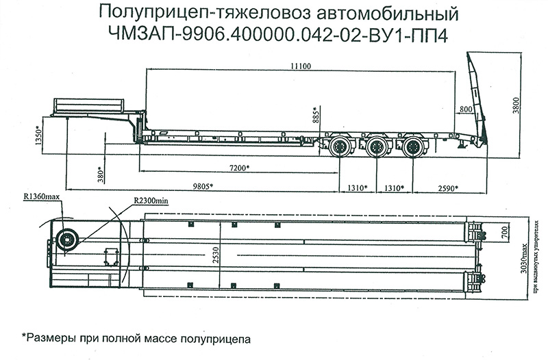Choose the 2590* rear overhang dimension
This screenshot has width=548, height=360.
(447, 187)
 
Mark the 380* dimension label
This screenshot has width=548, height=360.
(101, 176)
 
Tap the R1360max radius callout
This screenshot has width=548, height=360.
(43, 197)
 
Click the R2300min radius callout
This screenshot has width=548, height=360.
(151, 202)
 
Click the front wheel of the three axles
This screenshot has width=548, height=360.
(340, 146)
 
